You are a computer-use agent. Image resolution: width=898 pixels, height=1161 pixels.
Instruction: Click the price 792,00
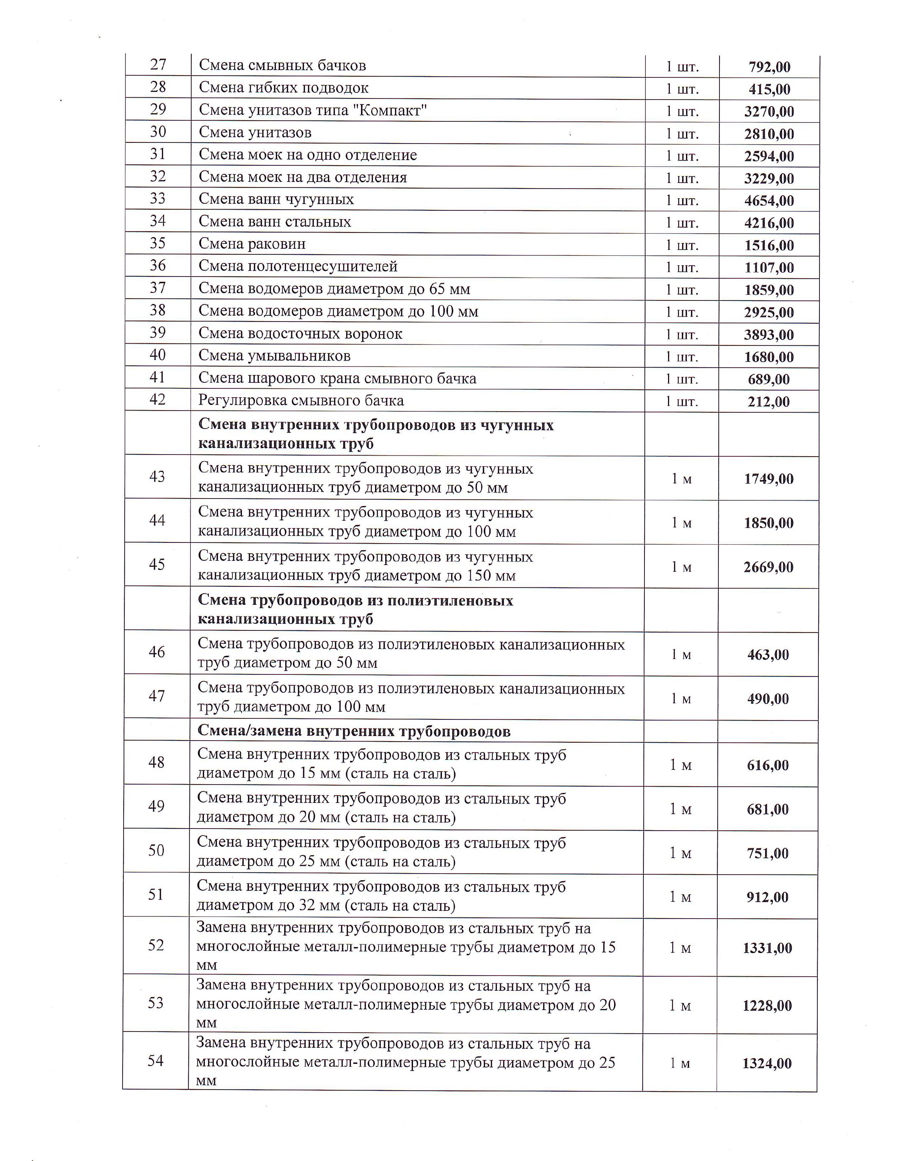tap(769, 67)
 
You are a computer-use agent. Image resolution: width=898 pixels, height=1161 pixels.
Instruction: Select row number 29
tap(158, 109)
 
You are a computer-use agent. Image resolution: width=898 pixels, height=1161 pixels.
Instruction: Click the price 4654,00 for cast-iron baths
tap(769, 201)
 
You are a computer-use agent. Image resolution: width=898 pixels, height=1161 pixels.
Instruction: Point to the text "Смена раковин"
tap(252, 244)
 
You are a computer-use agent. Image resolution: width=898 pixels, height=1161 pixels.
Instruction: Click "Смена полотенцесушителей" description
tap(298, 266)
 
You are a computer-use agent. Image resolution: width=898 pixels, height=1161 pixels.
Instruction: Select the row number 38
tap(158, 310)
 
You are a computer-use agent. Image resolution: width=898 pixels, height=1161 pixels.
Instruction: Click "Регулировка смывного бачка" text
tap(301, 400)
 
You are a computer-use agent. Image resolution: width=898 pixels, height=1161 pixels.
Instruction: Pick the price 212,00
tap(769, 402)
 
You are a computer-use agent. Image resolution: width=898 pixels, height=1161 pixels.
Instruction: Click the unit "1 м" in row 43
tap(681, 479)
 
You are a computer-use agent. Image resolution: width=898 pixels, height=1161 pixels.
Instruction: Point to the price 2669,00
tap(768, 567)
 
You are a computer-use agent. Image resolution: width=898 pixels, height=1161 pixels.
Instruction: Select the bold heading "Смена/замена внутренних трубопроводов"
tap(354, 731)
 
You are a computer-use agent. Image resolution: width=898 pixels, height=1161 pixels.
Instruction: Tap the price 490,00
tap(768, 699)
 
